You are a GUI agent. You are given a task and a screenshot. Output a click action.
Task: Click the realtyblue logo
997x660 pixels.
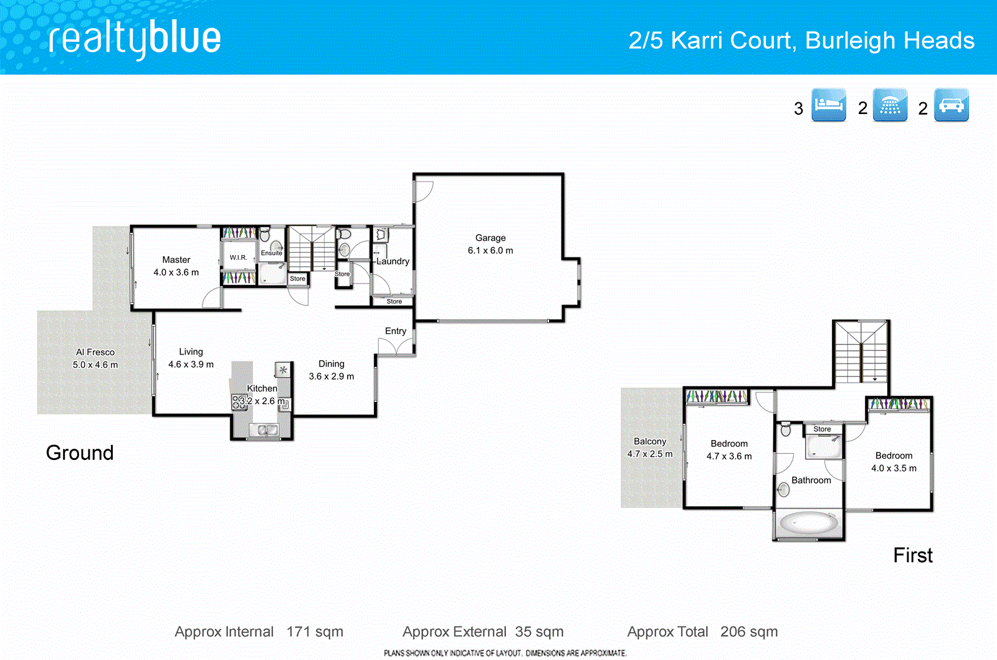(135, 39)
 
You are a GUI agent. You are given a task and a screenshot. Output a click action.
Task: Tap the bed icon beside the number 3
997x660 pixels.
(828, 105)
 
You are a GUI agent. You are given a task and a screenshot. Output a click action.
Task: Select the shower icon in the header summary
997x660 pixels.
(889, 105)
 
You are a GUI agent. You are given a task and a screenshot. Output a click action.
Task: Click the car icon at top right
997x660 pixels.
(951, 105)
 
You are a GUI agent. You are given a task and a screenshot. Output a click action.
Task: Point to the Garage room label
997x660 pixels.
(490, 238)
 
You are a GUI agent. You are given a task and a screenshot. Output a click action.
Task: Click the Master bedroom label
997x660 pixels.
(176, 260)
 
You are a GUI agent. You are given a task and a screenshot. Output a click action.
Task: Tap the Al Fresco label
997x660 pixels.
(95, 352)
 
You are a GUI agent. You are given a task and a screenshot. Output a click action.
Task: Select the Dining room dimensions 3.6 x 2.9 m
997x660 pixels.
(332, 376)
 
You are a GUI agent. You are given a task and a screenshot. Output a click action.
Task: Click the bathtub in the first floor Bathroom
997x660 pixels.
(808, 522)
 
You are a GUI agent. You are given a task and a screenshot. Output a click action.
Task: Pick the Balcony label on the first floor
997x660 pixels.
(650, 441)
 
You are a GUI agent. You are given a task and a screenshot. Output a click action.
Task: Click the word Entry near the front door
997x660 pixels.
(396, 331)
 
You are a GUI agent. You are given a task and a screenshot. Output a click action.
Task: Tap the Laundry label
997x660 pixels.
(393, 261)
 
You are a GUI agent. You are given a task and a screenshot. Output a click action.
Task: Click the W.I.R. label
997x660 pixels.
(238, 257)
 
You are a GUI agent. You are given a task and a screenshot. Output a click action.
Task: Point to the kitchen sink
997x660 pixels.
(264, 429)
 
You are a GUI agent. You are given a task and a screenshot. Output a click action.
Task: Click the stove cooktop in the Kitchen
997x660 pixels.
(239, 402)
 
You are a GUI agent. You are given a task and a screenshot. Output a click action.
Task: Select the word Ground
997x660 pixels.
(80, 452)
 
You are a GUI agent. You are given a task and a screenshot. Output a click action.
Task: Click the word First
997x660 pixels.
(913, 555)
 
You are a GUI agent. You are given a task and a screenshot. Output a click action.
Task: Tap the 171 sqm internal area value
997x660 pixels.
(315, 632)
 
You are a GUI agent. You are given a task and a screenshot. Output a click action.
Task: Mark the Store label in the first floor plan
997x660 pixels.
(822, 429)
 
